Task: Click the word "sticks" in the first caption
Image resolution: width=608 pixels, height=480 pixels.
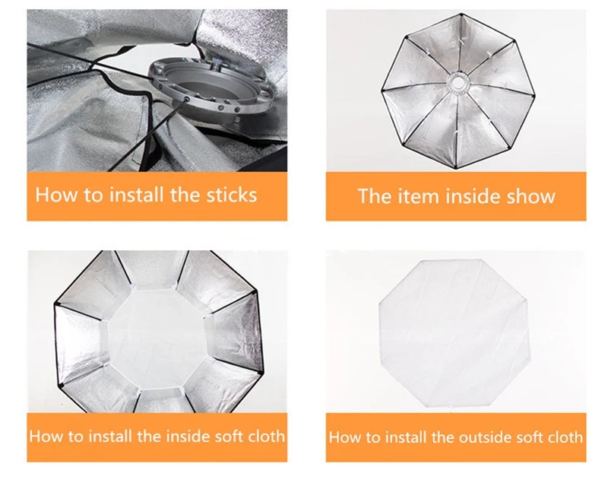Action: pos(232,195)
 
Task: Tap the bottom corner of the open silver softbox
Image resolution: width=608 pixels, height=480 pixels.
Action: pos(455,168)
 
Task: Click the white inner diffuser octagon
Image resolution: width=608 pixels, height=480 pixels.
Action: pos(158,338)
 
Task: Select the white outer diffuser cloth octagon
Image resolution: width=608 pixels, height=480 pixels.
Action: pos(454,333)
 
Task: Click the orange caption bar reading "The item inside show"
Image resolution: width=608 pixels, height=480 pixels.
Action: pos(455,196)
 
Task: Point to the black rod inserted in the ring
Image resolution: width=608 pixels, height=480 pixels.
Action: pos(147,135)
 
